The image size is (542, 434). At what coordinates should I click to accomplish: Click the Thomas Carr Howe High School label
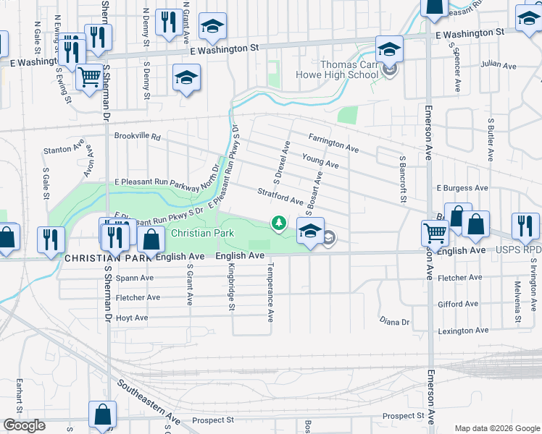(337, 69)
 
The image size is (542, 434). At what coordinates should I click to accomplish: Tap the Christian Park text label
(202, 234)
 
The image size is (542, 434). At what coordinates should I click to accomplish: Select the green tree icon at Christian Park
(278, 223)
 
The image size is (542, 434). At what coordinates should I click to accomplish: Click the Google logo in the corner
(24, 425)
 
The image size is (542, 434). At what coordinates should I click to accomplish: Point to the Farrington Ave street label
(333, 142)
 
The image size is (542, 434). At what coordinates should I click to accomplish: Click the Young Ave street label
(320, 161)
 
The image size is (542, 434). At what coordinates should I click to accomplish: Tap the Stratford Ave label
(279, 195)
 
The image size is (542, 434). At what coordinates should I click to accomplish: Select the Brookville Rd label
(136, 136)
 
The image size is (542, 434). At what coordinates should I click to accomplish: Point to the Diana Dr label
(395, 320)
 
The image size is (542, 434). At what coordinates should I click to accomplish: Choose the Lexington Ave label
(464, 331)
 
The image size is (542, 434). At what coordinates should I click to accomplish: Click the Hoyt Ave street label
(132, 318)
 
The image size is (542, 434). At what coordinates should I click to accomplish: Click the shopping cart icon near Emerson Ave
(435, 232)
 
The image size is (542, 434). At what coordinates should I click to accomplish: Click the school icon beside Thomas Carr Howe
(389, 50)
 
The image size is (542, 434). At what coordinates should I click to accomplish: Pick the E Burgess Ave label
(462, 188)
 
